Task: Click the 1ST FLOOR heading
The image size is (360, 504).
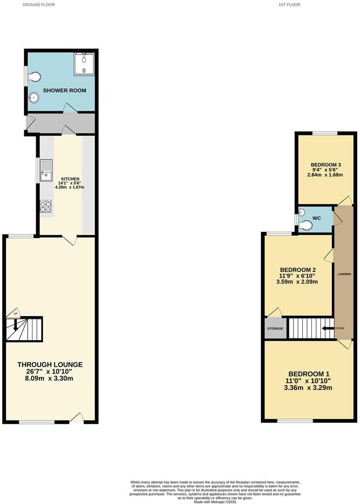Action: (x=289, y=5)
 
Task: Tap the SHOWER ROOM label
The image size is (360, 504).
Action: (x=65, y=90)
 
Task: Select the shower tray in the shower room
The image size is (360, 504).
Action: (x=84, y=64)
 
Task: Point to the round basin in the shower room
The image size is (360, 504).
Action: (x=33, y=97)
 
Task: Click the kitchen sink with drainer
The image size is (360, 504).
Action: (x=46, y=170)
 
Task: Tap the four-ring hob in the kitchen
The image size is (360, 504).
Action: (x=45, y=207)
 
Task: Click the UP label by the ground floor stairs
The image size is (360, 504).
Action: (x=15, y=314)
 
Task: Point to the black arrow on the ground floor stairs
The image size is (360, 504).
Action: (x=15, y=325)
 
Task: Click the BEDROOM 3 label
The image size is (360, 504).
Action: (x=319, y=165)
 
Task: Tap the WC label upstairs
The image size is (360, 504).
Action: (x=316, y=218)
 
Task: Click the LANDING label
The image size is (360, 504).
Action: (x=344, y=274)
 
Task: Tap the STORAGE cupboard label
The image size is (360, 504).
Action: (x=275, y=329)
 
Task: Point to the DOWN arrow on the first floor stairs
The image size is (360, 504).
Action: (x=328, y=328)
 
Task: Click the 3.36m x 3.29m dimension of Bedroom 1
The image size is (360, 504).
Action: (x=308, y=388)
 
